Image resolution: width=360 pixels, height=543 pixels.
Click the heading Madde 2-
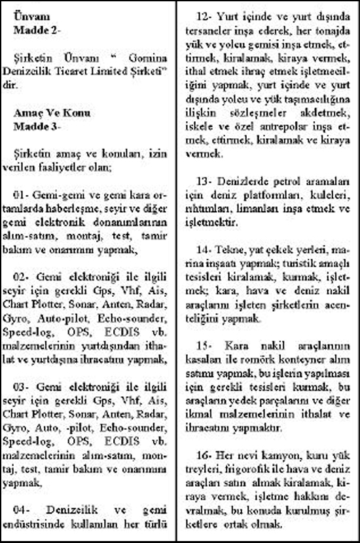coord(37,30)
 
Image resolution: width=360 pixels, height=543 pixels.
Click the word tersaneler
coord(221,29)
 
